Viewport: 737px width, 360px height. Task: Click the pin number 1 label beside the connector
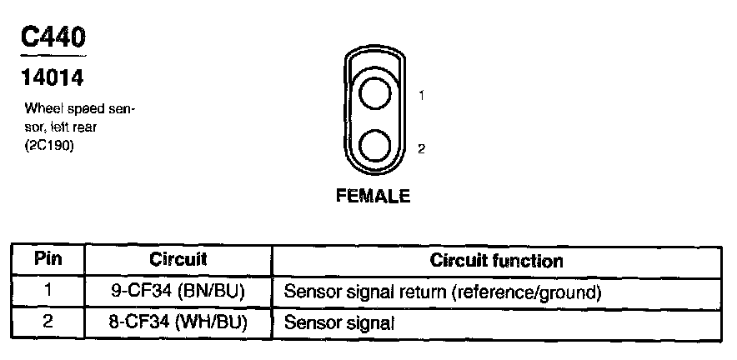click(422, 96)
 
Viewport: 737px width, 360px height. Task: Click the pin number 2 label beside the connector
click(422, 149)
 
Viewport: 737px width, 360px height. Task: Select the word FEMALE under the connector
click(373, 197)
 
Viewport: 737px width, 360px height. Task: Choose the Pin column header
click(48, 259)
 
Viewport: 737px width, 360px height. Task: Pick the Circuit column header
click(178, 259)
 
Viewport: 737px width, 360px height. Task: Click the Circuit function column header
click(496, 260)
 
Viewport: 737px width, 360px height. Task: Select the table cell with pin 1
click(48, 292)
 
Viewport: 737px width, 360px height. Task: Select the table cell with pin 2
click(48, 322)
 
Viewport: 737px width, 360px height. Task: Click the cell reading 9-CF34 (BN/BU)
click(178, 292)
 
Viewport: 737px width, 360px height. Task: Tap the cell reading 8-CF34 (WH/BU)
click(178, 322)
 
